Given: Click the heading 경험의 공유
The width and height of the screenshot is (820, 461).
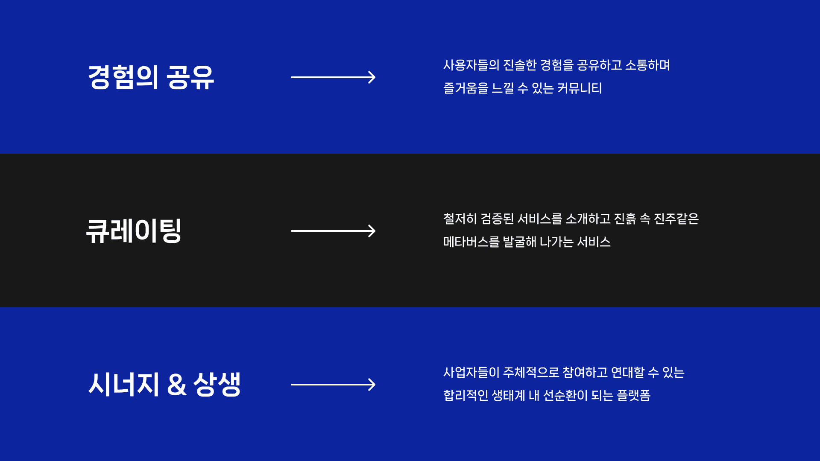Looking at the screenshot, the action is coord(151,77).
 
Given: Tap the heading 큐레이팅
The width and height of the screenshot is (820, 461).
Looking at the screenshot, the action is coord(134,231).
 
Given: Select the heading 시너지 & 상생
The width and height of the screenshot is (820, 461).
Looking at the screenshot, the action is coord(164,385).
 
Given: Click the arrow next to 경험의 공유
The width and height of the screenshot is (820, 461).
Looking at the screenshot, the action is coord(333,77).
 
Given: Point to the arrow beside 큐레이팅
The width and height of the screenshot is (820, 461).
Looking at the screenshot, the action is coord(333,231).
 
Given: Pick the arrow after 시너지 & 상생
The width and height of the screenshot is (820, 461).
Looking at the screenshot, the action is coord(333,385).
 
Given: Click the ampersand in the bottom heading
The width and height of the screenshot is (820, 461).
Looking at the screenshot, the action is coord(177,385).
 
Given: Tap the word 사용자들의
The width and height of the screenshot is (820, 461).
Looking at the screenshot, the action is coord(471,65).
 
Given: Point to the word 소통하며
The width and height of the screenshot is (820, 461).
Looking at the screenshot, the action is coord(647,65).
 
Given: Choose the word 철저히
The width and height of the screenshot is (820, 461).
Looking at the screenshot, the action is coord(460,219).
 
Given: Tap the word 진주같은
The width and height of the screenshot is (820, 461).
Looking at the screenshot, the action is coord(676,219).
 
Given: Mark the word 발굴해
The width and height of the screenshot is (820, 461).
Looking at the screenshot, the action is coord(520,242).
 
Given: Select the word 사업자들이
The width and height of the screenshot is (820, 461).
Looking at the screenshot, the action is coord(471,373).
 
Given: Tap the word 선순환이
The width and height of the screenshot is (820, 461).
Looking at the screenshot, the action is coord(565,396).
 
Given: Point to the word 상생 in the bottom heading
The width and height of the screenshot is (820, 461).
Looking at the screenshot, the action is coord(217,385).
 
